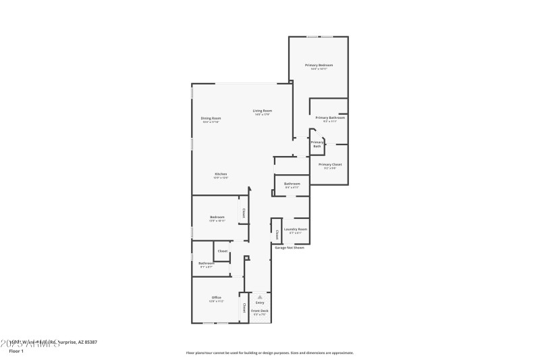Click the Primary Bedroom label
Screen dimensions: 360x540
(319, 65)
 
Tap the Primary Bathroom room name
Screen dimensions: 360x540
(330, 118)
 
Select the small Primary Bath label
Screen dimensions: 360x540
(317, 144)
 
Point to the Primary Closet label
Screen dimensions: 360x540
(330, 164)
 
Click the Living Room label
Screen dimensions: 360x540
(263, 111)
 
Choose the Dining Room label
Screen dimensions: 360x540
(211, 118)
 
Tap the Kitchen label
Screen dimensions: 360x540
(221, 174)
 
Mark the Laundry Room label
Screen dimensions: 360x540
(295, 229)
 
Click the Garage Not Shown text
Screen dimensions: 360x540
(289, 247)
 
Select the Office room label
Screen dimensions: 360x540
(217, 297)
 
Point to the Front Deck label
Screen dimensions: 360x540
(260, 311)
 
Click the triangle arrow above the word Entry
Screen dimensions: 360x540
(260, 297)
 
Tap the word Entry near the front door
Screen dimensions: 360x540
(260, 303)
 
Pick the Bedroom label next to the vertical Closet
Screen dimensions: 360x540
(217, 217)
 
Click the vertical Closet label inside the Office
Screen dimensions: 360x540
(244, 307)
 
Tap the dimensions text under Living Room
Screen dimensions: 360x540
(263, 115)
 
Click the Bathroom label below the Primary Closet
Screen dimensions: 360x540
(292, 184)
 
